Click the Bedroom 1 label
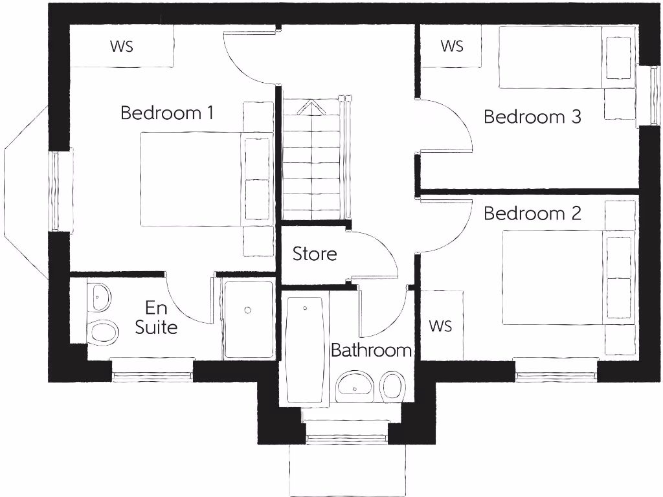[x=167, y=113]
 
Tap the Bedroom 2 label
[x=532, y=213]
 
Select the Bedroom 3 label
[x=532, y=117]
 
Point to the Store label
[x=315, y=254]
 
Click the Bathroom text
[x=371, y=351]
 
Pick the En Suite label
[x=156, y=317]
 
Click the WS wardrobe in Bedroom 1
[x=122, y=46]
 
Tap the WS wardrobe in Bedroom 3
[x=452, y=46]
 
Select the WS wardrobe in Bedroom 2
[x=440, y=325]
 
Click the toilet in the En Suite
[x=103, y=332]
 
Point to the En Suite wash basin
[x=98, y=297]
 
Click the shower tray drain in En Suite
[x=248, y=311]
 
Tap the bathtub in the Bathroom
[x=304, y=349]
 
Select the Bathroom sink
[x=355, y=386]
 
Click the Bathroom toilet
[x=391, y=386]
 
